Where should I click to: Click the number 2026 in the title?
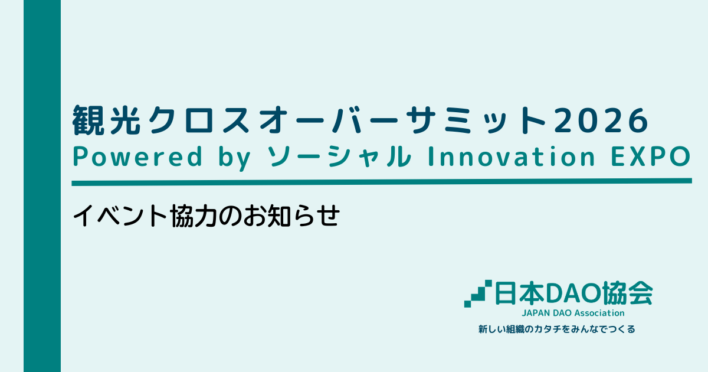tap(601, 120)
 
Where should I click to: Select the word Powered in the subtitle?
tap(137, 156)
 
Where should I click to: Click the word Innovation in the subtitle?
tap(512, 156)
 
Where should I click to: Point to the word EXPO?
tap(650, 156)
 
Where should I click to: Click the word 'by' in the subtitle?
tap(235, 158)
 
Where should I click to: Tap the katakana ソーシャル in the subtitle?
tap(339, 156)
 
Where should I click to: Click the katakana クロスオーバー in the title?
tap(273, 120)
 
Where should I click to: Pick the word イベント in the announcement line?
tap(120, 216)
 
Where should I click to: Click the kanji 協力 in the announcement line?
tap(194, 216)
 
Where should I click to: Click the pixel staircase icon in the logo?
tap(478, 293)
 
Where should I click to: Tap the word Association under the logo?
tap(599, 313)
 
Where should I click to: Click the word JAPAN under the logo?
tap(536, 313)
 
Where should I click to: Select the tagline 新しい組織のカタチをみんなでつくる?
tap(556, 329)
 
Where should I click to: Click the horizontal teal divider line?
tap(382, 182)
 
